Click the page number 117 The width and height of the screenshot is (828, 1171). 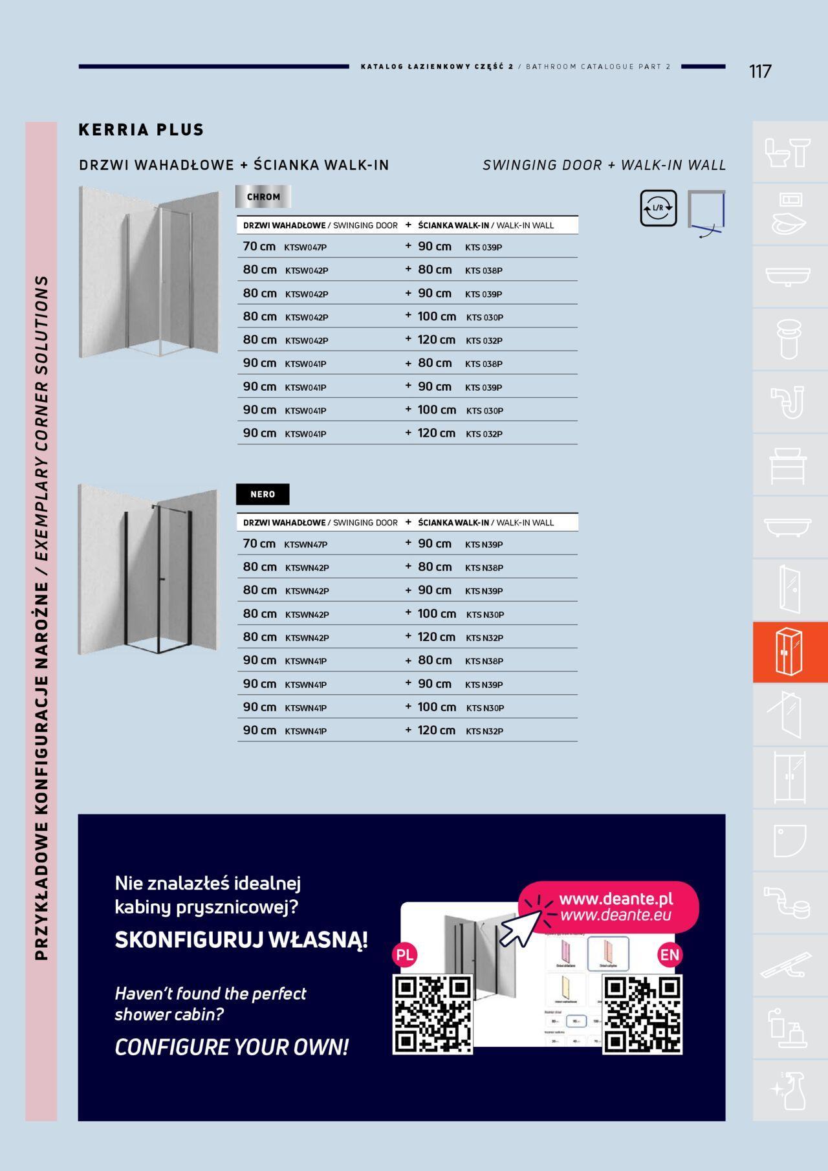tap(760, 71)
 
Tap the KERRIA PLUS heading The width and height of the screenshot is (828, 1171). tap(141, 129)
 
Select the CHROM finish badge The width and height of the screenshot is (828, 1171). tap(263, 197)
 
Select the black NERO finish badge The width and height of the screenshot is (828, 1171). tap(263, 494)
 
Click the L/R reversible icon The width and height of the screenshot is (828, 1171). tap(659, 208)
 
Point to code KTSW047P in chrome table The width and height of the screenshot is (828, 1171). tap(305, 247)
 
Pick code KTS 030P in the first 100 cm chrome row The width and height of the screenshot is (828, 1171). tap(485, 318)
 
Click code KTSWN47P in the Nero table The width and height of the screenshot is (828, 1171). tap(306, 545)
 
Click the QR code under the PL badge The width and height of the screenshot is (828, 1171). tap(432, 1014)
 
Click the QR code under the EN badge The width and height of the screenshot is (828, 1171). tap(642, 1014)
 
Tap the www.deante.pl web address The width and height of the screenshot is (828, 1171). tap(616, 899)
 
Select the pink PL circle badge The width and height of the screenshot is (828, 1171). tap(405, 955)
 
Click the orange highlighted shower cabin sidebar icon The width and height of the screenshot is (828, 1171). tap(789, 652)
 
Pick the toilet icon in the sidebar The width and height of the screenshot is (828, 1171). tap(789, 152)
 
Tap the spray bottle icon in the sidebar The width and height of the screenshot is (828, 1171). tap(789, 1090)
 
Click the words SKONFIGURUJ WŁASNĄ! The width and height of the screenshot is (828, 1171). tap(241, 939)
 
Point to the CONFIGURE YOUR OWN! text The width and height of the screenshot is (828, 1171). tap(232, 1047)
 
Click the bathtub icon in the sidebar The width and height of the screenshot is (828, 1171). tap(789, 527)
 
